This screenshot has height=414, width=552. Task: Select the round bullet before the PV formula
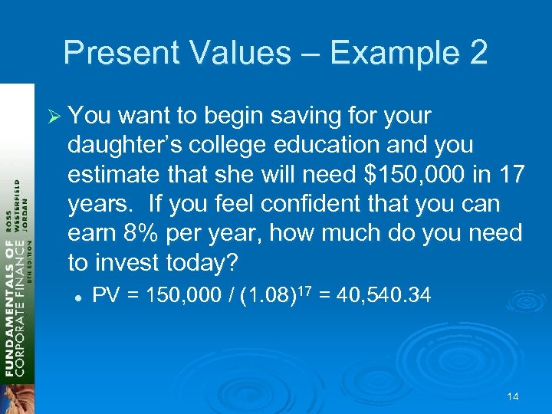click(78, 295)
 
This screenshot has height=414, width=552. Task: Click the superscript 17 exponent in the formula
click(302, 290)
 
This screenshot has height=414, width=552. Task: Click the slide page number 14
click(513, 397)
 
